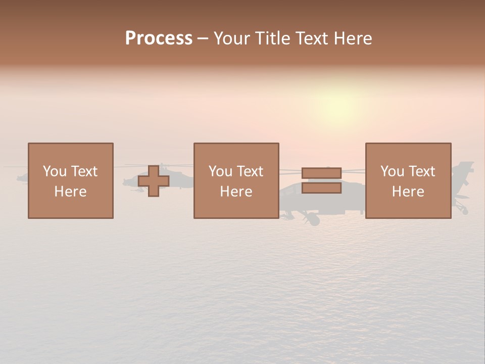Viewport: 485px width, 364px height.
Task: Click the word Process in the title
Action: [159, 38]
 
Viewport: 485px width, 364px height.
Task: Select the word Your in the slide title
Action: [232, 38]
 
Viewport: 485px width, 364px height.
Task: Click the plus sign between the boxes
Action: [154, 180]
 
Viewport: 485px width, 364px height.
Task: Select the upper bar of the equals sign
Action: [321, 173]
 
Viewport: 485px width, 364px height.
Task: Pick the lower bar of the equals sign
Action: [321, 188]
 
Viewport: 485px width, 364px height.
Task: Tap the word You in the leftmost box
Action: [55, 171]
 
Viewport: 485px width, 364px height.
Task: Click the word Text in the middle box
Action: [250, 171]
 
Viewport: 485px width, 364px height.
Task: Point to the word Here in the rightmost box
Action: [408, 192]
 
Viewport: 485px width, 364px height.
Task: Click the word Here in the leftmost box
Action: [70, 192]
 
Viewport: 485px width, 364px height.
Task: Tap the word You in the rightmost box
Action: [392, 171]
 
